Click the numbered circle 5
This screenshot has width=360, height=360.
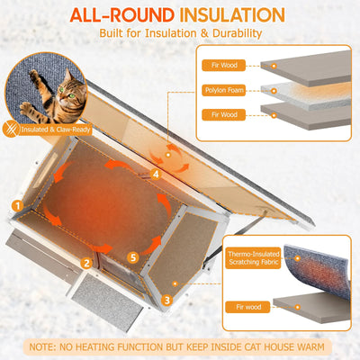(134, 257)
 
